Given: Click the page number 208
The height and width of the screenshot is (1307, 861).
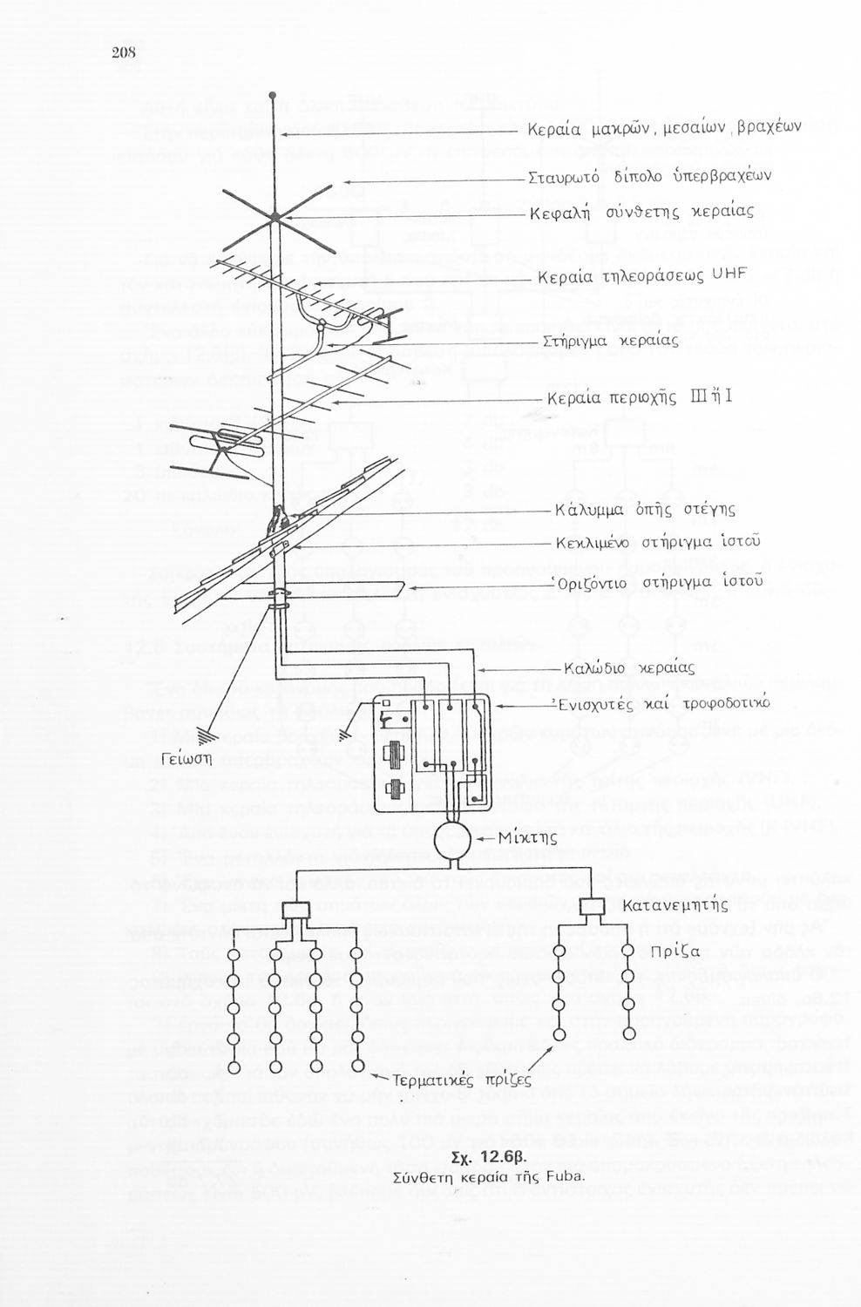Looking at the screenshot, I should coord(125,52).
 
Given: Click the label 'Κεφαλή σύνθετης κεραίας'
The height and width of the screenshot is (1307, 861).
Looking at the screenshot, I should coord(642,213).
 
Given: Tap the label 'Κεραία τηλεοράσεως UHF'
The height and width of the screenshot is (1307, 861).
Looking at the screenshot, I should coord(642,275).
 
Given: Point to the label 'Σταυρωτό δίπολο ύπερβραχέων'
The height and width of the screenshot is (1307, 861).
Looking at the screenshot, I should coord(650,177).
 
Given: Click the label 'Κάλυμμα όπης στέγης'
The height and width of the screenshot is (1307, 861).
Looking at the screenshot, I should coord(645,509).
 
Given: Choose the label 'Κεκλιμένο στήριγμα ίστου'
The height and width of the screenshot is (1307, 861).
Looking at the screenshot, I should coord(659,544).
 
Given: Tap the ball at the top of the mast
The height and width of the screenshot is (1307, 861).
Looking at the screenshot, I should coord(273,95).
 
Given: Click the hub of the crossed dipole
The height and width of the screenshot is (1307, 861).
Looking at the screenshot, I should coord(274,216).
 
